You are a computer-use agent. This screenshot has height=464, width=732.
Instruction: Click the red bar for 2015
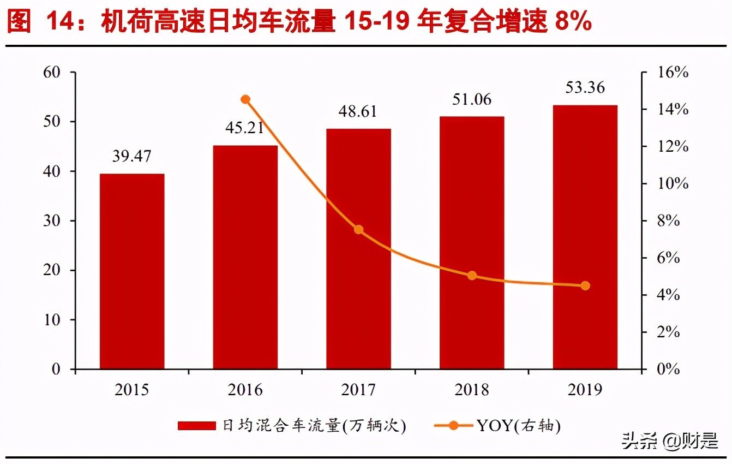[x=132, y=271]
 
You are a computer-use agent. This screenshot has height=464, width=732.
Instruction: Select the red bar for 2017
[x=358, y=249]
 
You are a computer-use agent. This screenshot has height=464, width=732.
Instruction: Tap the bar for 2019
[x=585, y=237]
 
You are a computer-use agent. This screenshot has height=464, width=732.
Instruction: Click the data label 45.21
[x=245, y=128]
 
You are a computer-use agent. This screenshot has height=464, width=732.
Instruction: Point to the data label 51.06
[x=472, y=99]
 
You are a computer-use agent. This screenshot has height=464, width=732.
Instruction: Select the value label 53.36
[x=585, y=87]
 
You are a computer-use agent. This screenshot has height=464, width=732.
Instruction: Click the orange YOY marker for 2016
[x=245, y=99]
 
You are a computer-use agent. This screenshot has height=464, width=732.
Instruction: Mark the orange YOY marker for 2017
[x=358, y=230]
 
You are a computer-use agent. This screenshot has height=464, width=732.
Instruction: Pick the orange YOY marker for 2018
[x=472, y=276]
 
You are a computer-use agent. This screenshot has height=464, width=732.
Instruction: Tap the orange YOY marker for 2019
[x=585, y=285]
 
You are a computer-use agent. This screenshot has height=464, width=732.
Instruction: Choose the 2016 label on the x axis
[x=245, y=390]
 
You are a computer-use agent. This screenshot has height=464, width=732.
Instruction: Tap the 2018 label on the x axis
[x=472, y=390]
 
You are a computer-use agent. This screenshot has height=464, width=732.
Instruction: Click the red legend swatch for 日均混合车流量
[x=197, y=426]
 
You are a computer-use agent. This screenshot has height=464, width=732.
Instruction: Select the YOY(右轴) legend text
[x=519, y=426]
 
